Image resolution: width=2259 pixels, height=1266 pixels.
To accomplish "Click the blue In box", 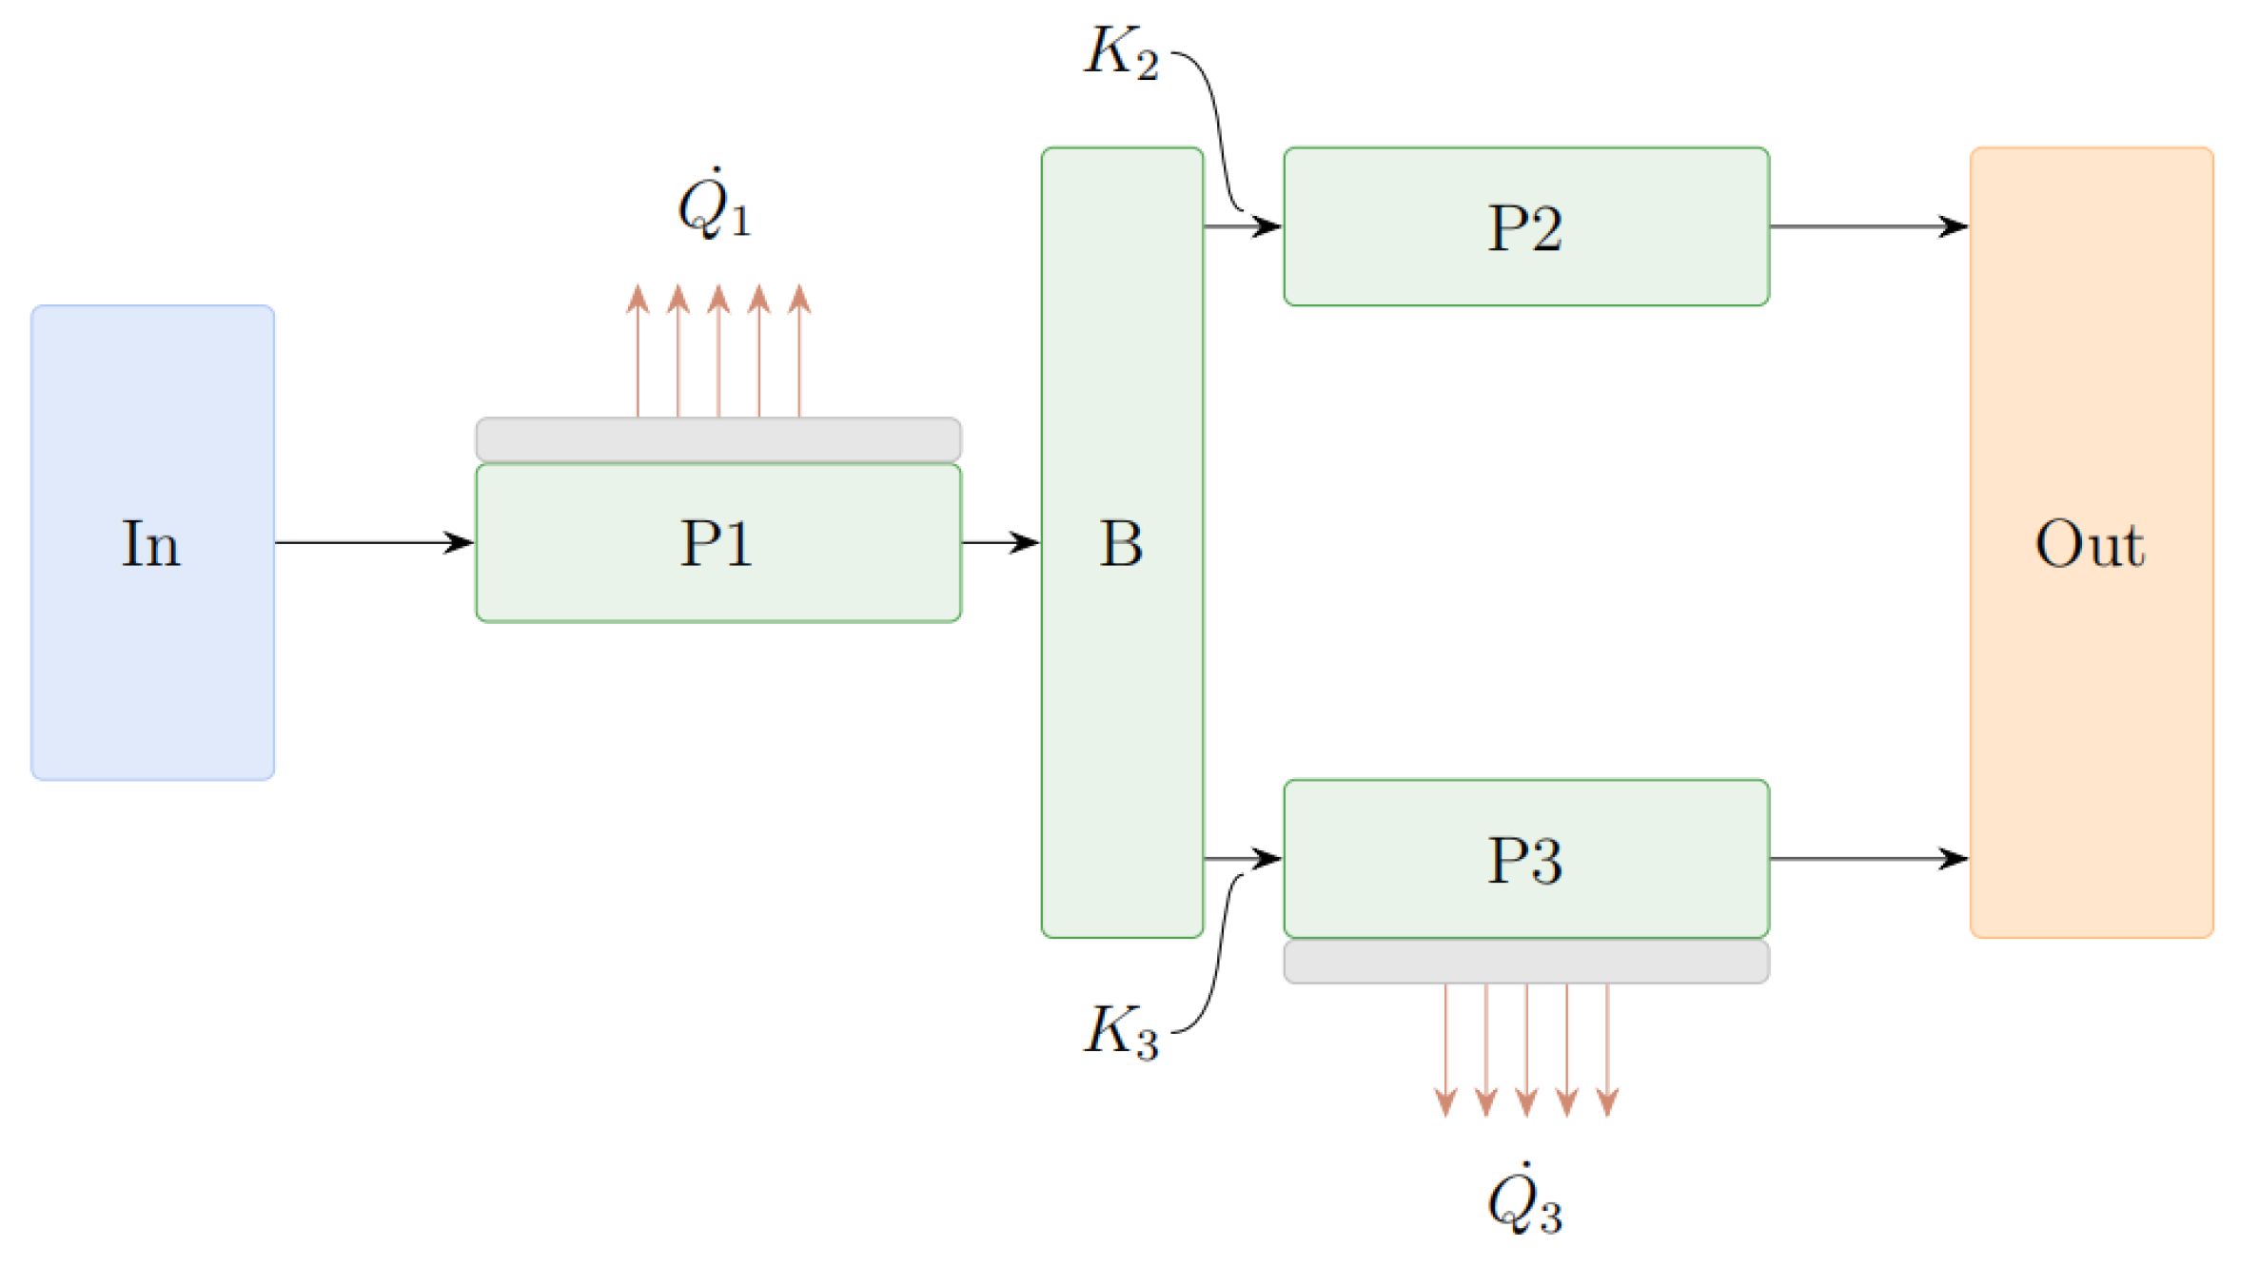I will (x=152, y=542).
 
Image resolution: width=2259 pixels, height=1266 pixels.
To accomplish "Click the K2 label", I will (x=1122, y=52).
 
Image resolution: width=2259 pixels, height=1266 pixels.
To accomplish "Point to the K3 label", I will (x=1122, y=1031).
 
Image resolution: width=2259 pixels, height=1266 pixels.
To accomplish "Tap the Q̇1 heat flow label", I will (x=714, y=205).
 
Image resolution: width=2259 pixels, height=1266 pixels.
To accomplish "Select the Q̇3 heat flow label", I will (x=1524, y=1200).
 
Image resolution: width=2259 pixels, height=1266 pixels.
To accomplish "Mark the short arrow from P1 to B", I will (x=999, y=542).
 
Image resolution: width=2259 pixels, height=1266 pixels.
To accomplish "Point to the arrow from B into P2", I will (x=1242, y=226).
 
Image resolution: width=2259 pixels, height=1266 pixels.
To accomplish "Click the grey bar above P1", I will (x=717, y=439).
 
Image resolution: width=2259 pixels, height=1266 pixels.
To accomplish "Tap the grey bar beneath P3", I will (x=1525, y=962).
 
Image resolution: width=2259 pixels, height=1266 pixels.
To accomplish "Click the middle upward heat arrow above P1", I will (x=718, y=352).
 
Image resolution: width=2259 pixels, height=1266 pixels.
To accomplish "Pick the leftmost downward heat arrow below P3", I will (x=1445, y=1046).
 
